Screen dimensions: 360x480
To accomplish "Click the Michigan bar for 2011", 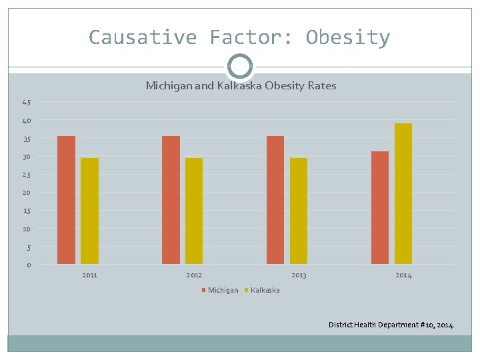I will coord(66,200).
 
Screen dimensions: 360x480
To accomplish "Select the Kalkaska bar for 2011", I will coord(89,211).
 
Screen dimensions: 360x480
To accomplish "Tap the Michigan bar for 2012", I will coord(171,200).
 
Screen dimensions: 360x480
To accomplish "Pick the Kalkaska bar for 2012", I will coord(194,211).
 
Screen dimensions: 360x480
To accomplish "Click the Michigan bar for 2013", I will coord(275,200).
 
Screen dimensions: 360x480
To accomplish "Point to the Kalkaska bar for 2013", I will coord(299,211).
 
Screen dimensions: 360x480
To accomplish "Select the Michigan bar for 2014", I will coord(380,207).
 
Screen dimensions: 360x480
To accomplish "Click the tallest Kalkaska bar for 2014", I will coord(403,193).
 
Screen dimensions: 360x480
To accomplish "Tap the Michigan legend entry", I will coord(222,290).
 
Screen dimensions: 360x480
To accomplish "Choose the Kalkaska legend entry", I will coord(265,290).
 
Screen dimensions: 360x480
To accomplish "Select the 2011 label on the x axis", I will coord(89,275).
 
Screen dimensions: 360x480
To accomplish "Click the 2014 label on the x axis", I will coord(403,275).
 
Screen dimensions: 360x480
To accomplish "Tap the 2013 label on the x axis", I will coord(299,275).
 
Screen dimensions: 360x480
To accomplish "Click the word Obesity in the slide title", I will coord(347,37).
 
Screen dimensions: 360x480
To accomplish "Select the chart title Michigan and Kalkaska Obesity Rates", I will coord(241,86).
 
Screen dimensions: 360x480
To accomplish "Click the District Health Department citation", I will coord(391,325).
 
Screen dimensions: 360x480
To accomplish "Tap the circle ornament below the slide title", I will coord(240,66).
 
